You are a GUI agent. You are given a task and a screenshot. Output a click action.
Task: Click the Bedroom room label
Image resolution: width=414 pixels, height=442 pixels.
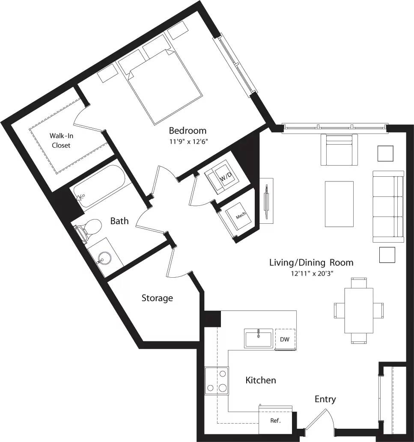coord(188,131)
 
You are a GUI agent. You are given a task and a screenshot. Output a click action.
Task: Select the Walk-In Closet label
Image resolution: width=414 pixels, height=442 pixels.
coord(60,140)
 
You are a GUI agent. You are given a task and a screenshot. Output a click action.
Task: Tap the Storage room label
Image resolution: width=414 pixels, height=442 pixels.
coord(157,298)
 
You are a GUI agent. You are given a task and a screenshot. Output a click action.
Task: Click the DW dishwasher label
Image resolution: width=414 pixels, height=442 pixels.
coord(285,339)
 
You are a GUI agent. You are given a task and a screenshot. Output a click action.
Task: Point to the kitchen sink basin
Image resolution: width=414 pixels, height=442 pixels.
coord(259,338)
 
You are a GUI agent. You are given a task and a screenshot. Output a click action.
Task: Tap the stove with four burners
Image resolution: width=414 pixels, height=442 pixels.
coord(217,380)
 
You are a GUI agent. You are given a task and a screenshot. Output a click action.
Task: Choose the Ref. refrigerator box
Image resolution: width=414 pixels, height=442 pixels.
coord(275,421)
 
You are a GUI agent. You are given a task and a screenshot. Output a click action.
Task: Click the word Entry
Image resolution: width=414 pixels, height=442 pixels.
coord(325,399)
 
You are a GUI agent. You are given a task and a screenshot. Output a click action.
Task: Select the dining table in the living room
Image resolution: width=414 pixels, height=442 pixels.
coord(358,310)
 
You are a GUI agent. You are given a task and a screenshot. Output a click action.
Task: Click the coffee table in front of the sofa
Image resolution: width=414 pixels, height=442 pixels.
coord(339,204)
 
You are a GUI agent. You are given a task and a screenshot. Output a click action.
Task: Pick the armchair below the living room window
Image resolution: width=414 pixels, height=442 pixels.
coord(339,150)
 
